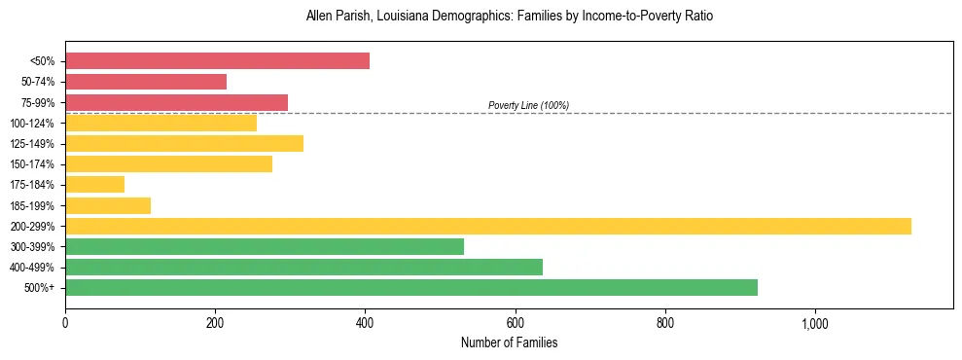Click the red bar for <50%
pyautogui.click(x=217, y=61)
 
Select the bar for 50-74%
pyautogui.click(x=146, y=82)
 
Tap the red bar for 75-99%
pyautogui.click(x=176, y=102)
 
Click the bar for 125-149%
pyautogui.click(x=184, y=144)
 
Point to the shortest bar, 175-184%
pyautogui.click(x=94, y=185)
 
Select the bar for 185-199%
pyautogui.click(x=108, y=205)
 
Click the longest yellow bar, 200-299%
pyautogui.click(x=487, y=226)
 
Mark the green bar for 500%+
pyautogui.click(x=410, y=287)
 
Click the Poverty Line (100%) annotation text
pyautogui.click(x=528, y=105)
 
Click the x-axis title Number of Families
pyautogui.click(x=509, y=343)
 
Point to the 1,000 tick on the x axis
pyautogui.click(x=814, y=324)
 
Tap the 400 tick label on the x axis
pyautogui.click(x=365, y=324)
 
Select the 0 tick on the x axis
pyautogui.click(x=65, y=324)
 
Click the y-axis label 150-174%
pyautogui.click(x=32, y=164)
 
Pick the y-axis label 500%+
pyautogui.click(x=38, y=288)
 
